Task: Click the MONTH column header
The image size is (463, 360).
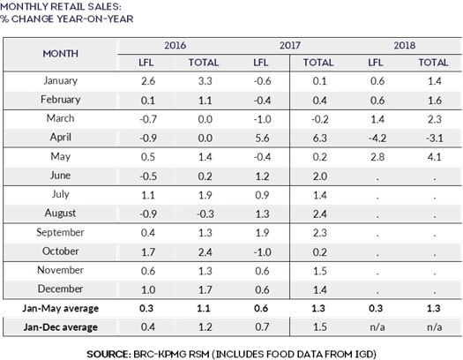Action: (61, 53)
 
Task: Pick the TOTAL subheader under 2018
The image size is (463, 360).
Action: (432, 63)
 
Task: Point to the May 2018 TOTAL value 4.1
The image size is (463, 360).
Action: (431, 156)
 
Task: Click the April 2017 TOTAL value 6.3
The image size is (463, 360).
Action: (319, 138)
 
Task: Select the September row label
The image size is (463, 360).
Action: (61, 232)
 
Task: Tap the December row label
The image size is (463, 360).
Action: (61, 289)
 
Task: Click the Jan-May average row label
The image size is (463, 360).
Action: (61, 307)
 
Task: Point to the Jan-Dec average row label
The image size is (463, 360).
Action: (61, 326)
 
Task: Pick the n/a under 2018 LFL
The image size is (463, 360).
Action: (375, 326)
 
